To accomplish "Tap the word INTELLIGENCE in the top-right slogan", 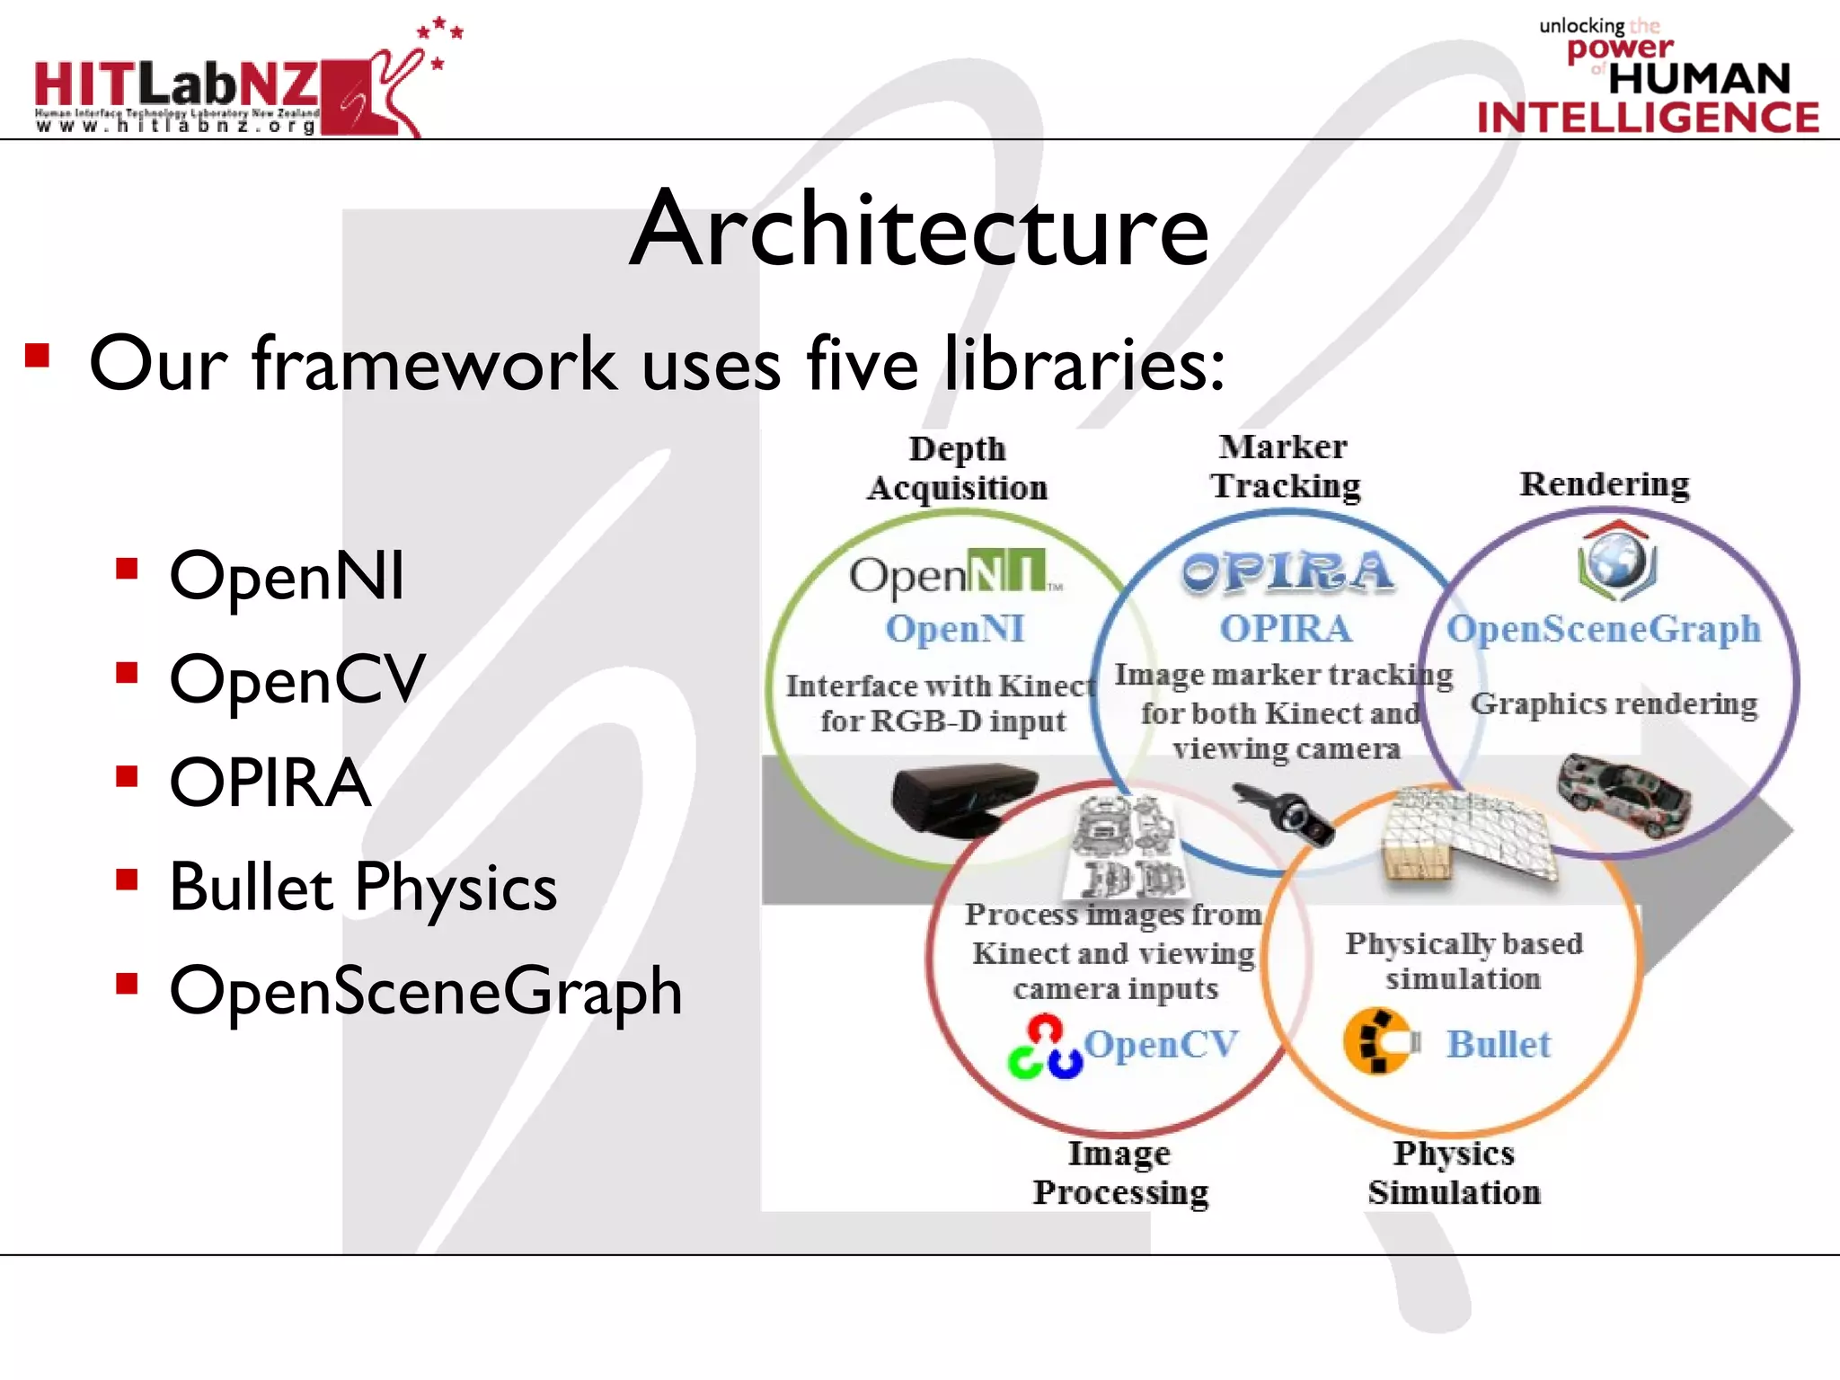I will tap(1648, 118).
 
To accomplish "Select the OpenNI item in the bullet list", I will tap(287, 575).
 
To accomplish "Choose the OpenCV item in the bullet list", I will tap(297, 678).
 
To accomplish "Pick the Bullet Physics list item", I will tap(363, 887).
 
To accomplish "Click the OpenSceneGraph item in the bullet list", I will tap(426, 991).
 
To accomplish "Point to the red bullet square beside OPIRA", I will tap(127, 775).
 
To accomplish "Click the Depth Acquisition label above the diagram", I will tap(958, 468).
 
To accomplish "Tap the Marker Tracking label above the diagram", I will tap(1285, 466).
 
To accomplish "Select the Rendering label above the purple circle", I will tap(1605, 483).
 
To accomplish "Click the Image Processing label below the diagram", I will tap(1119, 1172).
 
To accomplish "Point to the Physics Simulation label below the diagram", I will tap(1454, 1172).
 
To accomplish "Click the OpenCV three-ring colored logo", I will tap(1044, 1047).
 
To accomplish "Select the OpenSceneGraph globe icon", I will tap(1617, 562).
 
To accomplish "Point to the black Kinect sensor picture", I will tap(964, 798).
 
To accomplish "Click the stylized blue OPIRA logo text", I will tap(1287, 571).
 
